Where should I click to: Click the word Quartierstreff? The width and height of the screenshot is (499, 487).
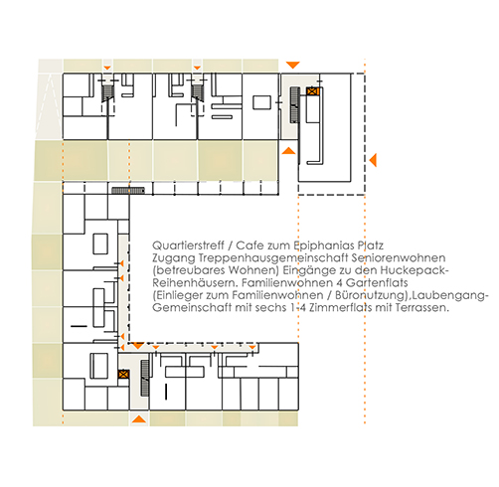point(188,245)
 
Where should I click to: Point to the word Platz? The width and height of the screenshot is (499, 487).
point(371,245)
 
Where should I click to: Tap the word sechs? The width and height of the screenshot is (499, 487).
point(270,308)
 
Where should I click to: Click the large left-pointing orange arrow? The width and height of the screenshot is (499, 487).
point(373,160)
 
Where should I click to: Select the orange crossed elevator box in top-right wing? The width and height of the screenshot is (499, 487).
point(312,91)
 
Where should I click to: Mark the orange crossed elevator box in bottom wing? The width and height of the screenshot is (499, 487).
point(123,374)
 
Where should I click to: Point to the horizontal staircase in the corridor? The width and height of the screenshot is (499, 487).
point(128,191)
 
